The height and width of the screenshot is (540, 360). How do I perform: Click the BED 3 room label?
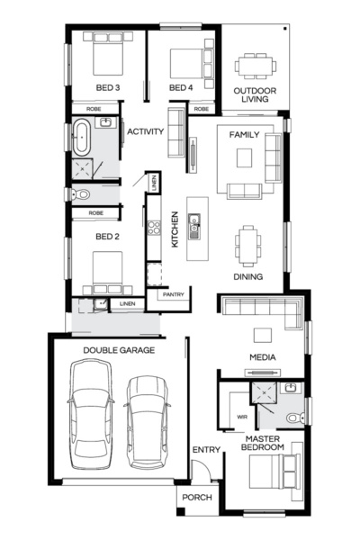point(109,87)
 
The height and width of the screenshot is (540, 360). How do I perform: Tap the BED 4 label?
point(181,87)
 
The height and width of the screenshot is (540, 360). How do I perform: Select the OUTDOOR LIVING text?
point(255,96)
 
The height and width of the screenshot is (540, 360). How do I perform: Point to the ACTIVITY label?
point(146,131)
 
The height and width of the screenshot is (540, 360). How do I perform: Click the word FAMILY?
point(244,134)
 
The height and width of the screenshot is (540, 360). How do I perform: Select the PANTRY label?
point(172,293)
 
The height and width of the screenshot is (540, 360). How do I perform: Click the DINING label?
point(247,276)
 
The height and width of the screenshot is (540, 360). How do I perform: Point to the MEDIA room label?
point(263,357)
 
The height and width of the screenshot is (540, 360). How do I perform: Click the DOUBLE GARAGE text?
point(119,349)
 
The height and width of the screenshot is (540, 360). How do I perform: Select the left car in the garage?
point(91,411)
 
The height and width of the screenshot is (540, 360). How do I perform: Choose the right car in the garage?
point(148,420)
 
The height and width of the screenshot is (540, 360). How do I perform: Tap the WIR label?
point(241,417)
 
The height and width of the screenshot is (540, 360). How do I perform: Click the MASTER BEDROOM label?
point(264,443)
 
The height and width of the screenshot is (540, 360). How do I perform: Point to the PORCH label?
point(197,497)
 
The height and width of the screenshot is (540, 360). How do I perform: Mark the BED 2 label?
point(108,237)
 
